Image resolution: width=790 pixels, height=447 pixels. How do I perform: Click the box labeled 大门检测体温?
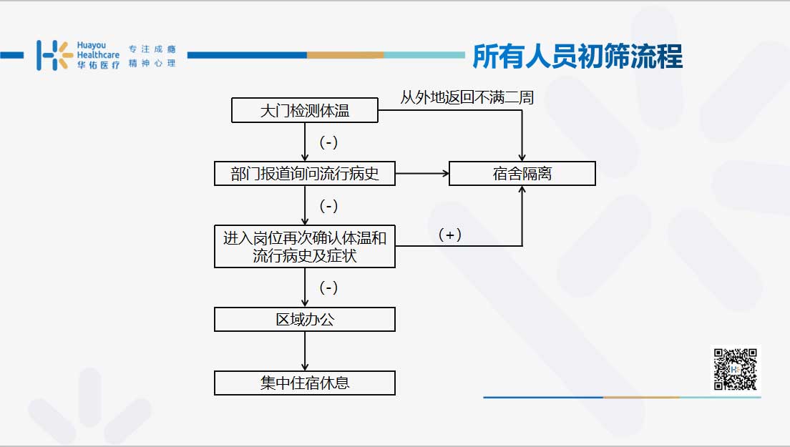tap(304, 110)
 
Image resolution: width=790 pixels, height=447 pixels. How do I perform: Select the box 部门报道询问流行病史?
tap(304, 174)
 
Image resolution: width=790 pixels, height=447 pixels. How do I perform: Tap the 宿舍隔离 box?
tap(522, 174)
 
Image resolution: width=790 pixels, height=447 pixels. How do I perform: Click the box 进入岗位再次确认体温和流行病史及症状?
tap(304, 246)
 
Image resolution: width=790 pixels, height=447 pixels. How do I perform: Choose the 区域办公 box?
tap(304, 319)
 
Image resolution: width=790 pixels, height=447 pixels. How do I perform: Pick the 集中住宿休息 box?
tap(304, 383)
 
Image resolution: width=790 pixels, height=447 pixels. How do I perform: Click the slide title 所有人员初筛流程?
tap(577, 56)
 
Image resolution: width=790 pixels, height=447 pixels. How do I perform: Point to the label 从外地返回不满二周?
tap(467, 97)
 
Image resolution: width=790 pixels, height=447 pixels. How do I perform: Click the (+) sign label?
tap(450, 235)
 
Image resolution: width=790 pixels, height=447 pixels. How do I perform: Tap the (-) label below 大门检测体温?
tap(328, 142)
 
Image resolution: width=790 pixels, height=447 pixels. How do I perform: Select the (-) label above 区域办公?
tap(328, 288)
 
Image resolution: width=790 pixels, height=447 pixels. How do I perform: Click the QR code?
tap(735, 369)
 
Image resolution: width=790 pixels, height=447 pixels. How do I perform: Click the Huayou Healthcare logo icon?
tap(54, 55)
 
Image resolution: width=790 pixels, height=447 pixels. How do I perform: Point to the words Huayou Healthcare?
tap(98, 50)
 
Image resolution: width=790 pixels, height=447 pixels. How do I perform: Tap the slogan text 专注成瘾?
tap(152, 49)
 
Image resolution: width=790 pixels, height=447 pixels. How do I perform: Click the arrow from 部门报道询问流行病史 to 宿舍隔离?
tap(422, 174)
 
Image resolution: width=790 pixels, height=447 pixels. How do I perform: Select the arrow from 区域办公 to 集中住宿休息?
tap(304, 351)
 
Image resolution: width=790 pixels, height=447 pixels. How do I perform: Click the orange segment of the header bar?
tap(345, 55)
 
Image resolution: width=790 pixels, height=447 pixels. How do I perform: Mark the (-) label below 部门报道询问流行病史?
tap(328, 206)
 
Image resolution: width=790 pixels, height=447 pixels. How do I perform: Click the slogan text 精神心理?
tap(152, 63)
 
